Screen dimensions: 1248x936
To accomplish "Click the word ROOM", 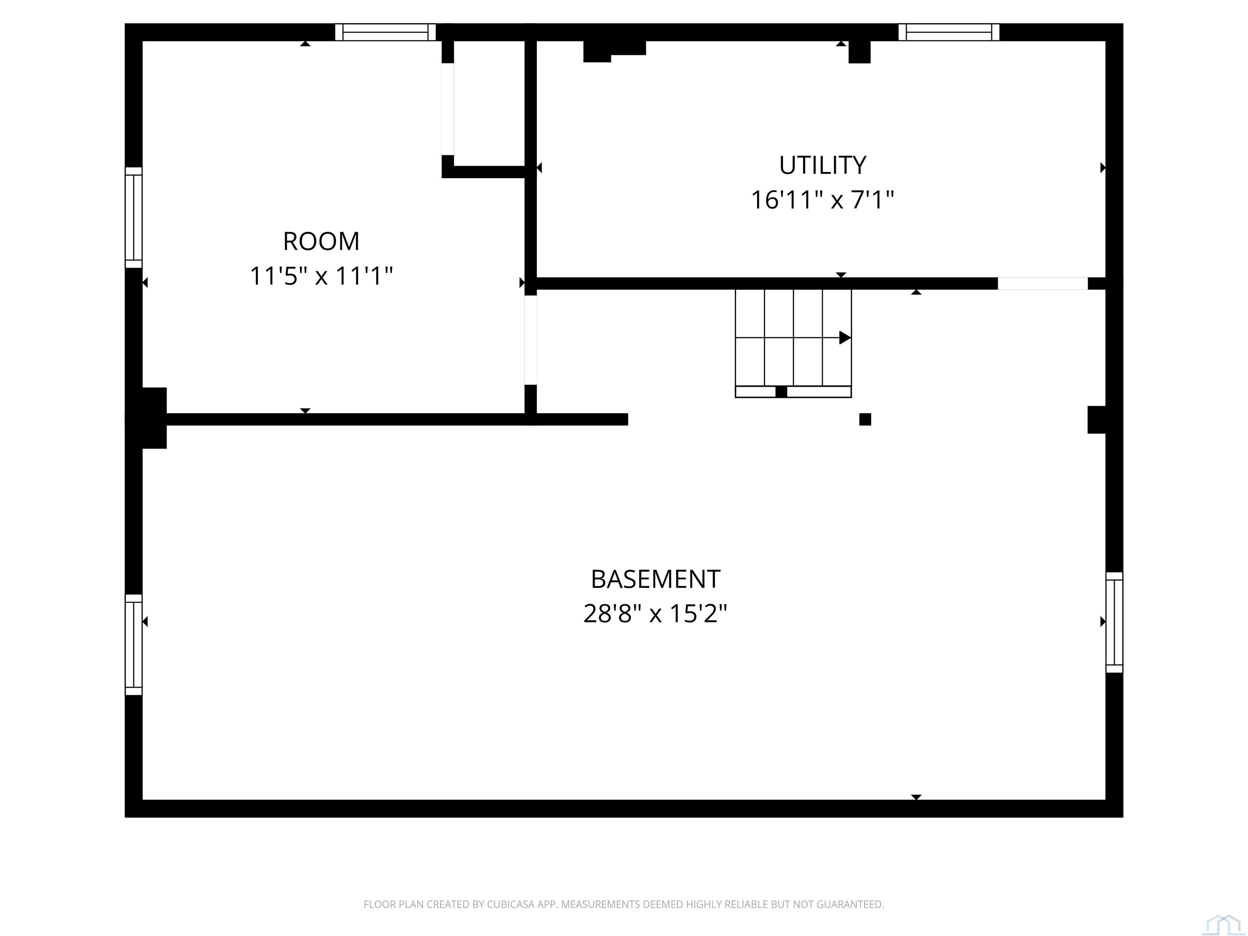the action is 321,241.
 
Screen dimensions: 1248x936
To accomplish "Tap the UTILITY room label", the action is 823,165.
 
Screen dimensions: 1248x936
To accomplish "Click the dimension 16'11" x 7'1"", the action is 823,200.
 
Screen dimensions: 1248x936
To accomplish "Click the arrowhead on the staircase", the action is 845,337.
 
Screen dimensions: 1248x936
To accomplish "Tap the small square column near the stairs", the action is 865,419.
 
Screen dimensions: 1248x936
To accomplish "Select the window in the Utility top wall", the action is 949,32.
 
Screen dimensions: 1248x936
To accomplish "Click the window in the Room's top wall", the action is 386,32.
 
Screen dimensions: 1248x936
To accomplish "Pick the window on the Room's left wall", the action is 134,217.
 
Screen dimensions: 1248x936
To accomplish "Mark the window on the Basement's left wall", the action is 134,644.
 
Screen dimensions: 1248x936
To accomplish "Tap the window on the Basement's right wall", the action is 1114,622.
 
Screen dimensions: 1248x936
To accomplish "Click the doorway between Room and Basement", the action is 530,340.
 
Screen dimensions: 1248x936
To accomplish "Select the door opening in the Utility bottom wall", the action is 1042,283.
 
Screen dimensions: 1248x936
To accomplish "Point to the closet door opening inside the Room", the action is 447,109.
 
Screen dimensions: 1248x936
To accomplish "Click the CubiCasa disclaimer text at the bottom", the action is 624,904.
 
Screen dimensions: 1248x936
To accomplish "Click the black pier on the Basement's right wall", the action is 1096,420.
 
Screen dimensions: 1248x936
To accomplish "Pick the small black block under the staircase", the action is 781,392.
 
